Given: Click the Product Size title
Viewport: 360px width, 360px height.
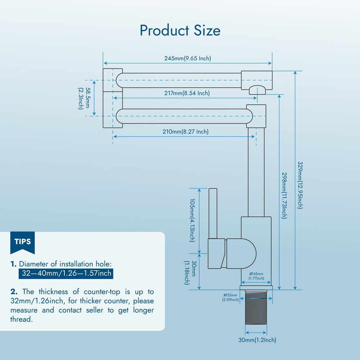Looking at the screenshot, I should tap(180, 30).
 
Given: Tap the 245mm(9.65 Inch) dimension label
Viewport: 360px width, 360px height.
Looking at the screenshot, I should tap(188, 58).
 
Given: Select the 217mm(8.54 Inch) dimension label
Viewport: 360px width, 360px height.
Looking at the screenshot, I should tap(187, 93).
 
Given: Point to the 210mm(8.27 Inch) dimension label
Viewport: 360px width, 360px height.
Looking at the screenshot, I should tap(185, 132).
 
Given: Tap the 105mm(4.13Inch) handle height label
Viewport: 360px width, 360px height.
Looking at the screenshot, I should tap(192, 220).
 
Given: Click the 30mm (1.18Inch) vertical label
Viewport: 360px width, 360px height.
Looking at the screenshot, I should tap(189, 273).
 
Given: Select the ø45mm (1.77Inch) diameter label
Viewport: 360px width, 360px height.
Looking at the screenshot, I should tap(256, 276).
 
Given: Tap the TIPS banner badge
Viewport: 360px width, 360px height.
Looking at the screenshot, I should tap(22, 242).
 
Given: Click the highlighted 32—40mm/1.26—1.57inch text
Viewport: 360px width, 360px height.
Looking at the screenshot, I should tap(67, 273).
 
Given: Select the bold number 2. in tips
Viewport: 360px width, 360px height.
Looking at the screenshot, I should tap(14, 291).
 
